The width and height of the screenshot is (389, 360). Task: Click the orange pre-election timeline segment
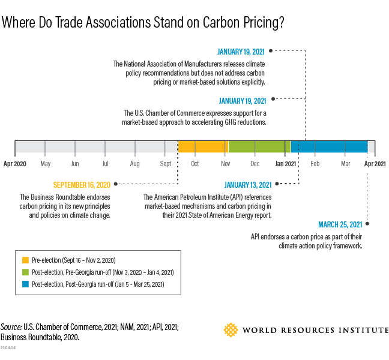pos(203,146)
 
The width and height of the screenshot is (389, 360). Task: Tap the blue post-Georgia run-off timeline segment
pos(329,146)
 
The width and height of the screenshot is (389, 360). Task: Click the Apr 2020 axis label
pos(15,163)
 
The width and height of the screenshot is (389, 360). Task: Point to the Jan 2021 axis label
pos(286,163)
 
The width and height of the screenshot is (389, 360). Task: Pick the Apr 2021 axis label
pos(375,163)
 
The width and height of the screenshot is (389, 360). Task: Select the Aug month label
pos(134,163)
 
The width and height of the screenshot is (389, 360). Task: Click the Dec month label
pos(255,163)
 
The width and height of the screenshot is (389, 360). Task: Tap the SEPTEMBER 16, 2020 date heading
pos(82,185)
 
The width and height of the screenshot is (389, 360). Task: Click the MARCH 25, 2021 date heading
pos(340,224)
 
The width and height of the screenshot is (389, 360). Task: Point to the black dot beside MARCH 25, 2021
pos(367,224)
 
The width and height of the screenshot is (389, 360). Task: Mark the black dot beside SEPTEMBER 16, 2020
pos(116,184)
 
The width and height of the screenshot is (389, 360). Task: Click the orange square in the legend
pos(25,260)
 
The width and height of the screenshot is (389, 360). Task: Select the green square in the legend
pos(25,271)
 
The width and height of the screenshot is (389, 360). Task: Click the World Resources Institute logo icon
pos(231,330)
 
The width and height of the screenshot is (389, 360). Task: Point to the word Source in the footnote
pos(10,327)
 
